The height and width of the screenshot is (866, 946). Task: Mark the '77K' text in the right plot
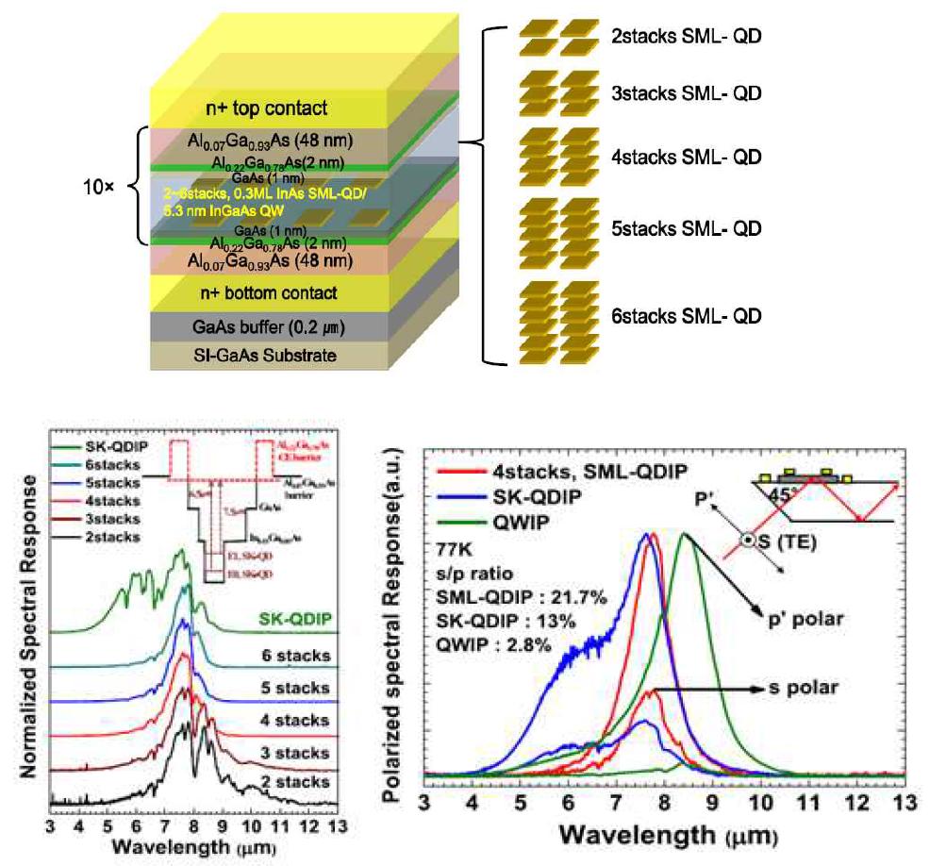click(454, 548)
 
